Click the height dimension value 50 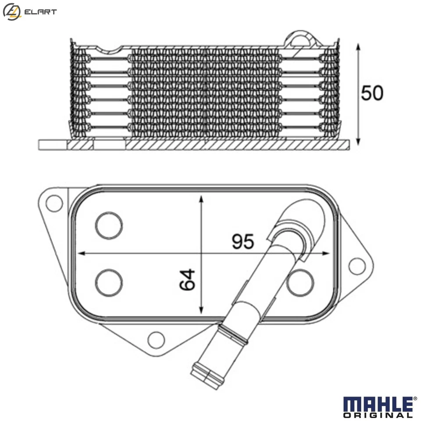coord(372,93)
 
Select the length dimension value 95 coord(243,242)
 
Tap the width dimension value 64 coord(187,279)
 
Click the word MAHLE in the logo coord(377,403)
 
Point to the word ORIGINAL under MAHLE coord(378,415)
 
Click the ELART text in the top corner coord(40,12)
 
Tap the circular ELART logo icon coord(12,11)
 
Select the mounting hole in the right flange coord(357,266)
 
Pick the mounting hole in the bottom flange coord(156,339)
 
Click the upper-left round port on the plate coord(109,225)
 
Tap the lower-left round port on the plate coord(109,283)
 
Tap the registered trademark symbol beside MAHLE coord(415,398)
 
